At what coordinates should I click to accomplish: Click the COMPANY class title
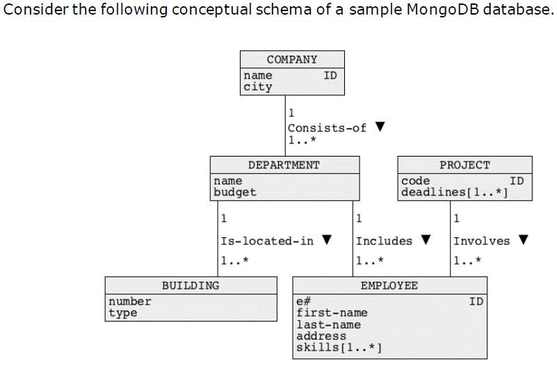[x=292, y=59]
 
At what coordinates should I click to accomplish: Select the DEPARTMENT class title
[x=284, y=165]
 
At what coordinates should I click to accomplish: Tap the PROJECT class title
[x=465, y=165]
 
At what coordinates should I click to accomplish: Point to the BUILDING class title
[x=191, y=285]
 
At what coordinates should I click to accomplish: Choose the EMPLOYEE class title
[x=389, y=285]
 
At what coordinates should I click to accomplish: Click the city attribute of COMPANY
[x=257, y=87]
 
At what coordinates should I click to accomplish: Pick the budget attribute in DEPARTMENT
[x=234, y=192]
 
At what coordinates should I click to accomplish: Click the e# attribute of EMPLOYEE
[x=303, y=301]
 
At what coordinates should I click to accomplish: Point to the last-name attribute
[x=328, y=324]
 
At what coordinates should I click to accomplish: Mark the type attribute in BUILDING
[x=122, y=312]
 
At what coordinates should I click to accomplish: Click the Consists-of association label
[x=327, y=128]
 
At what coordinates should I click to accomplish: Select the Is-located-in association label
[x=267, y=241]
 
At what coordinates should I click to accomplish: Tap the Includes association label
[x=384, y=241]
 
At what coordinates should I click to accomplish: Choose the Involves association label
[x=481, y=241]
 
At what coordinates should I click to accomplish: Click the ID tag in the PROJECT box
[x=517, y=181]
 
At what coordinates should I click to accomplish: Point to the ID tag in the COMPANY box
[x=330, y=75]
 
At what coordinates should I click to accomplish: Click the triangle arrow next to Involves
[x=523, y=241]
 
